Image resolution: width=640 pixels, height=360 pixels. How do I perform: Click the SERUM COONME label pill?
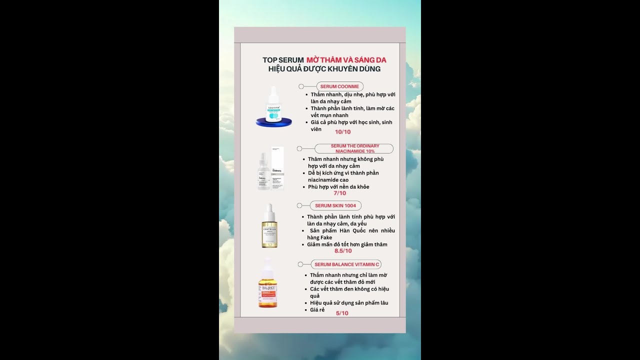[x=339, y=86]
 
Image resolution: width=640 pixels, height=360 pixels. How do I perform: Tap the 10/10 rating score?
[x=342, y=132]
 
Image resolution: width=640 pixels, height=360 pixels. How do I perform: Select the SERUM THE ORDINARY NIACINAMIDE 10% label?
[x=354, y=148]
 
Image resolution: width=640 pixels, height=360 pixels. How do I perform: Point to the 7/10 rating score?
[x=339, y=193]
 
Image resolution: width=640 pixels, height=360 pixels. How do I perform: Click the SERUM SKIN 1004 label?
[x=335, y=205]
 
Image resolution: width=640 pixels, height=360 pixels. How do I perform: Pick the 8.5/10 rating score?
[x=343, y=251]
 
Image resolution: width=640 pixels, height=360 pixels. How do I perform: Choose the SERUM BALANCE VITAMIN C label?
[x=347, y=264]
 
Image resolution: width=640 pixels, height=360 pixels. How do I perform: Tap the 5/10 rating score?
[x=342, y=313]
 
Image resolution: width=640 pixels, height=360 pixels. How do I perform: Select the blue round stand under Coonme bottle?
[x=273, y=122]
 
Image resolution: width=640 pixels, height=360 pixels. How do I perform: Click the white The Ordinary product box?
[x=277, y=168]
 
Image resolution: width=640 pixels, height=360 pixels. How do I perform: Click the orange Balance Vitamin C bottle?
[x=268, y=285]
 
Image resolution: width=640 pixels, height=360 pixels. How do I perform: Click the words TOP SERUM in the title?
[x=283, y=60]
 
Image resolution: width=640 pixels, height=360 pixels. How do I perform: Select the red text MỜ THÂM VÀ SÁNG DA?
[x=346, y=60]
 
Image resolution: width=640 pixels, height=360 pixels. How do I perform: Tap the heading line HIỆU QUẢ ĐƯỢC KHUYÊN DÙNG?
[x=324, y=69]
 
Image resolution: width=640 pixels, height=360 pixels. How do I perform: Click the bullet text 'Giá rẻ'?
[x=317, y=310]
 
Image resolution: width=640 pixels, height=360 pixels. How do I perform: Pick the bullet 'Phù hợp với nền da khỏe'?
[x=338, y=187]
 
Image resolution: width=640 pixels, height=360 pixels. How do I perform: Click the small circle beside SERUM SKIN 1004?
[x=299, y=205]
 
